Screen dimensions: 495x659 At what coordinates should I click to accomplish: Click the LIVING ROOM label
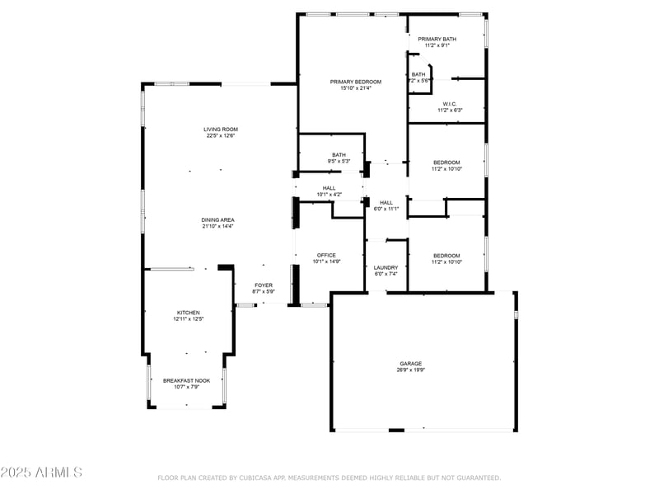coord(221,129)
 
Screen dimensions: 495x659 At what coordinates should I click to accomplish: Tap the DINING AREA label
coord(217,219)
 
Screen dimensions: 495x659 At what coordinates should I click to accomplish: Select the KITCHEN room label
coord(188,313)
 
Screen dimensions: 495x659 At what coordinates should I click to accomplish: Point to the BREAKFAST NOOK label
coord(186,380)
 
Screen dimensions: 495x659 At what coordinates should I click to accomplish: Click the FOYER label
coord(264,285)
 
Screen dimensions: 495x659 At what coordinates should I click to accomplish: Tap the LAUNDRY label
coord(386,267)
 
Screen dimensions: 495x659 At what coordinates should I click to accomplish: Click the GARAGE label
coord(411,363)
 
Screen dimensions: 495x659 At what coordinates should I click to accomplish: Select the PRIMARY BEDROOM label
coord(356,82)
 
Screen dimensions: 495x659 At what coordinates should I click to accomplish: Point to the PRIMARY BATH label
coord(437,39)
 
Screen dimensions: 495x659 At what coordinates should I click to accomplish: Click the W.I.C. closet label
coord(449,104)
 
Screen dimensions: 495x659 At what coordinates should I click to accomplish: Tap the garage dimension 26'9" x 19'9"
coord(411,370)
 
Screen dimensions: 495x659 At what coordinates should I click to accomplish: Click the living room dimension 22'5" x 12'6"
coord(221,135)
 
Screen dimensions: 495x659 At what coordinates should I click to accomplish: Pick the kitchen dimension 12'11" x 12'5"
coord(188,319)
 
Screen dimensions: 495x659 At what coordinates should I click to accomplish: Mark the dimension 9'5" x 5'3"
coord(339,161)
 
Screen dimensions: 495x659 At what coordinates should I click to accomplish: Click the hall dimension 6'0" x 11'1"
coord(386,209)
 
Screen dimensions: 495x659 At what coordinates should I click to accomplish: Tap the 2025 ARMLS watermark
coord(41,473)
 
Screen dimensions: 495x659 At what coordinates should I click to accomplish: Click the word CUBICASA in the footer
coord(255,478)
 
